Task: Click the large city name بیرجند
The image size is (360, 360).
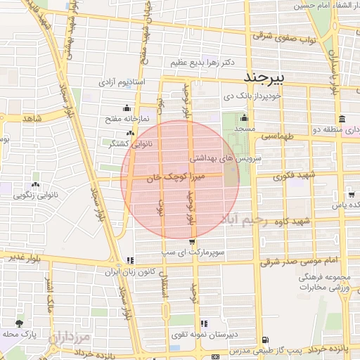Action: coord(264,76)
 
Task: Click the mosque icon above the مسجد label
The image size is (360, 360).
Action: coord(244,118)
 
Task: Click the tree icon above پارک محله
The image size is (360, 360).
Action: coord(19,323)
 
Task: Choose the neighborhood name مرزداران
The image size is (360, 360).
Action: coord(70,341)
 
